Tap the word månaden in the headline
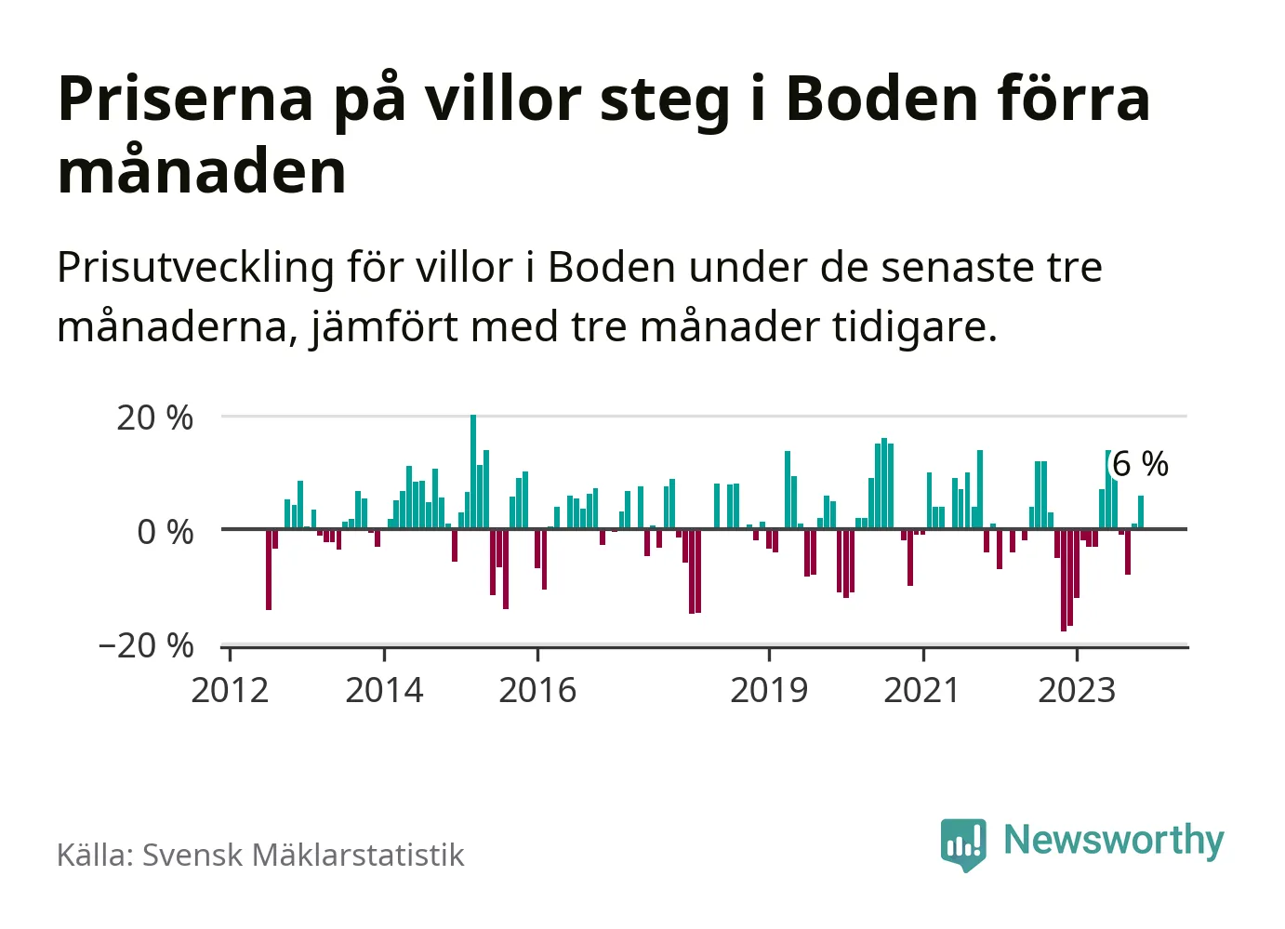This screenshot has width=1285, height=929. click(x=202, y=172)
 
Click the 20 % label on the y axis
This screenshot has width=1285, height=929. click(x=154, y=418)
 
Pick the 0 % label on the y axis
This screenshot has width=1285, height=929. click(x=165, y=532)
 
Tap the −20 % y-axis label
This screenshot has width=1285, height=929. click(x=146, y=645)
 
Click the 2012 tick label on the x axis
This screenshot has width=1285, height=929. click(x=230, y=690)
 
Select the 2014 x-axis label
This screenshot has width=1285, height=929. click(x=384, y=690)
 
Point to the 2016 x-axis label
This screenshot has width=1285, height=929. click(x=537, y=690)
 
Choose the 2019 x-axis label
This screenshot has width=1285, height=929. click(x=769, y=690)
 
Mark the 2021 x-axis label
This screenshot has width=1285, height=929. click(x=921, y=690)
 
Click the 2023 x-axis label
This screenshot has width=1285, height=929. click(x=1076, y=690)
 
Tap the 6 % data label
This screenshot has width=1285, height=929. click(x=1140, y=463)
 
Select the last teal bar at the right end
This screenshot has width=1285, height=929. click(x=1141, y=512)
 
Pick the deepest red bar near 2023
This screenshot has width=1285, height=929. click(x=1064, y=580)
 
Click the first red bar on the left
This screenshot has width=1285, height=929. click(x=269, y=569)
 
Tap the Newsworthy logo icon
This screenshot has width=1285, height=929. click(x=962, y=843)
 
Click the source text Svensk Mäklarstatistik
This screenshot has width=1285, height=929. click(x=302, y=856)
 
